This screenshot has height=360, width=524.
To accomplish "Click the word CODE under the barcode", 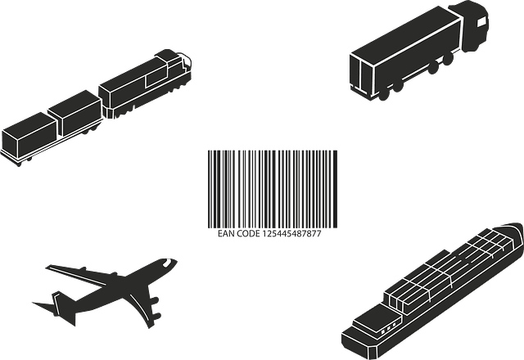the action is pos(248,234).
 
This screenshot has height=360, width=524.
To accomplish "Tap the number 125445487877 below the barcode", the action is pos(291,234).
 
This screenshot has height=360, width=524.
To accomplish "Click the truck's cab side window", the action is pos(481,22).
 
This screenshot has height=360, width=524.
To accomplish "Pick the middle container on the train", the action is pos(75,113).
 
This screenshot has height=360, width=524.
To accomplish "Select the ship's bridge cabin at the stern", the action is pos(377,321).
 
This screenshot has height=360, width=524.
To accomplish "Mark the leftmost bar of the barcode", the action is pos(209,189).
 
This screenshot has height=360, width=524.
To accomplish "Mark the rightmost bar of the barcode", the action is pos(336,189).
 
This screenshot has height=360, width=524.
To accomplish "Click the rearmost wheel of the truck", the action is pos(384,94).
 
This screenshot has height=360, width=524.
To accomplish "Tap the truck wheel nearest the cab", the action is pos(448,60).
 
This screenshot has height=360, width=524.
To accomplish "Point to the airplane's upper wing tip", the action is pos(48,268).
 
